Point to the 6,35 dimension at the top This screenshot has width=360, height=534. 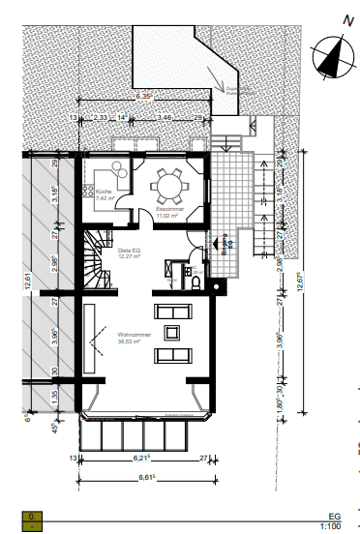click(144, 98)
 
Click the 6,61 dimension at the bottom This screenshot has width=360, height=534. click(147, 476)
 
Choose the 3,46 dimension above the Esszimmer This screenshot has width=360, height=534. click(165, 117)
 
